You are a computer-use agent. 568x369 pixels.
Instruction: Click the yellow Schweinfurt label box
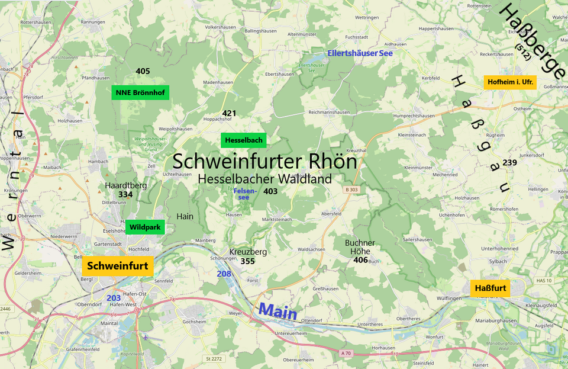pos(118,266)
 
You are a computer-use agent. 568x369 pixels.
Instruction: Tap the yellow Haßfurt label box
pos(490,288)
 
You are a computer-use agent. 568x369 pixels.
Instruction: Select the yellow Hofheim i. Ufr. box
pos(510,82)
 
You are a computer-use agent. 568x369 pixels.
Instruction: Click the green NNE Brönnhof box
pos(140,92)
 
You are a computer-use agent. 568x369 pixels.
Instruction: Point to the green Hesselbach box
pos(244,140)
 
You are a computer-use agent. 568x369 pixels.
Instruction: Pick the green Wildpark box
pos(145,227)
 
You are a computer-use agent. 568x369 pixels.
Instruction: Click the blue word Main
pos(277,310)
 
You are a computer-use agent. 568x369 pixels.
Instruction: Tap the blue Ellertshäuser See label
pos(360,53)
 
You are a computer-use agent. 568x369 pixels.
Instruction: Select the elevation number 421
pos(229,113)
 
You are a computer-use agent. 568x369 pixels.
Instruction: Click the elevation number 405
pos(143,71)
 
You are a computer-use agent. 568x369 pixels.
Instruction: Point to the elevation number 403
pos(270,191)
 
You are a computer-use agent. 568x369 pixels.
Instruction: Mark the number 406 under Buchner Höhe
pos(361,259)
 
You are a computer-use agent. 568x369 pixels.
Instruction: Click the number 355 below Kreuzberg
pos(247,261)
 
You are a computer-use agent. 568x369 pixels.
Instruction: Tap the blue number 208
pos(224,274)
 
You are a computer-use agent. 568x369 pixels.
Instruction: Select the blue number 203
pos(114,297)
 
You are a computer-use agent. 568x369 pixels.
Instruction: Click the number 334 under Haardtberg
pos(125,194)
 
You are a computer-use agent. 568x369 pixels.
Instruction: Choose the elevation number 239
pos(509,162)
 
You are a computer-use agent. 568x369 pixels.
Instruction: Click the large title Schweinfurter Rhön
pos(264,162)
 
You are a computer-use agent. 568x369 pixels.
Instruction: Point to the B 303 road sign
pos(351,190)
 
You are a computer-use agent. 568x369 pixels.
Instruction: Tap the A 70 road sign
pos(346,353)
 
